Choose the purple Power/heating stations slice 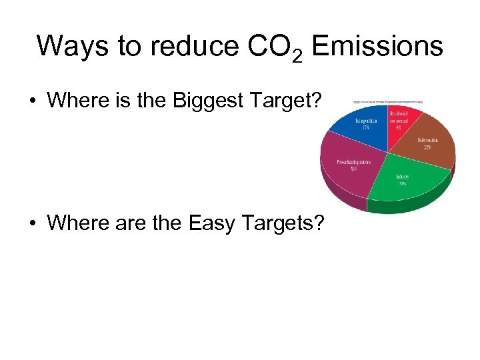pos(350,167)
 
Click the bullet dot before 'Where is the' pos(32,101)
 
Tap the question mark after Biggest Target pos(317,101)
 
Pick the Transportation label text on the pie pos(365,122)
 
